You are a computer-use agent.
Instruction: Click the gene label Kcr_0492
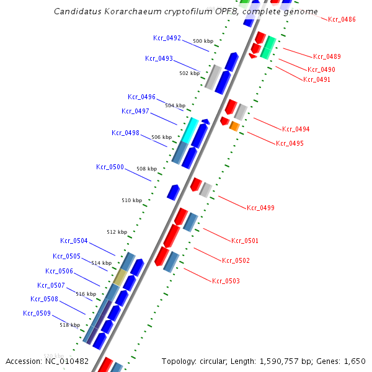167,38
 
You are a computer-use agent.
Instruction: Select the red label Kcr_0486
342,20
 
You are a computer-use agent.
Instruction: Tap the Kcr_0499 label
260,208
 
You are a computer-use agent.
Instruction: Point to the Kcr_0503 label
226,281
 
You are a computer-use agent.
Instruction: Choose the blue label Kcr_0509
37,313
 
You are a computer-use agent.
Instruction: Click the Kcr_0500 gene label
110,167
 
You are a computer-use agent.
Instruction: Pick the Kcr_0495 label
290,143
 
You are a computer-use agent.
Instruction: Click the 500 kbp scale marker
203,41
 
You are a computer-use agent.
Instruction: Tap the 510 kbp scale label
131,200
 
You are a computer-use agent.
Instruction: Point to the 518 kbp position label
69,325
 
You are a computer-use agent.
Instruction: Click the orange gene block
234,126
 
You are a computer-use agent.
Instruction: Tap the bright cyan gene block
188,130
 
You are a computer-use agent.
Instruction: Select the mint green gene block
268,48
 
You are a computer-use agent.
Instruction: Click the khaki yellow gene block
120,277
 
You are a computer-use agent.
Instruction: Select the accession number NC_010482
66,361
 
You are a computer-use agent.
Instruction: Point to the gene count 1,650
355,361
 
